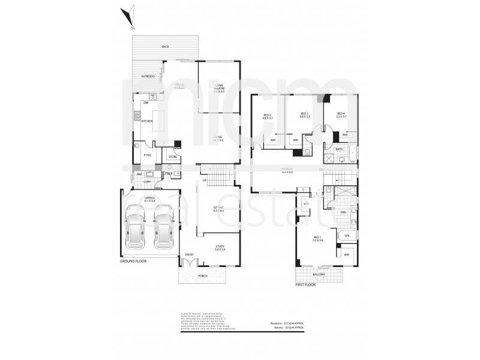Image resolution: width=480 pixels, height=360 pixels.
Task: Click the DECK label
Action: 165,47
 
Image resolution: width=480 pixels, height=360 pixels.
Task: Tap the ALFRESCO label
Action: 148,76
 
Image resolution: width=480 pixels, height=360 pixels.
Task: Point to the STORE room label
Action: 172,157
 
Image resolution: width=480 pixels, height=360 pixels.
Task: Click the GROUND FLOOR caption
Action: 133,262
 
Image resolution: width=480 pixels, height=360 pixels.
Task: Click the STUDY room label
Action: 220,247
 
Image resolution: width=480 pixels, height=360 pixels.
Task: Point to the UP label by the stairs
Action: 205,180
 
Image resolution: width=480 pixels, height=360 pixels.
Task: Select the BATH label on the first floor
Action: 339,148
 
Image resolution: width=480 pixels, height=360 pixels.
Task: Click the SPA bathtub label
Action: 347,236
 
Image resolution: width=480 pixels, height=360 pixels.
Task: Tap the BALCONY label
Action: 319,275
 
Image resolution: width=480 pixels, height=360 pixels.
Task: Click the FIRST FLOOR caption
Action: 305,284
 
